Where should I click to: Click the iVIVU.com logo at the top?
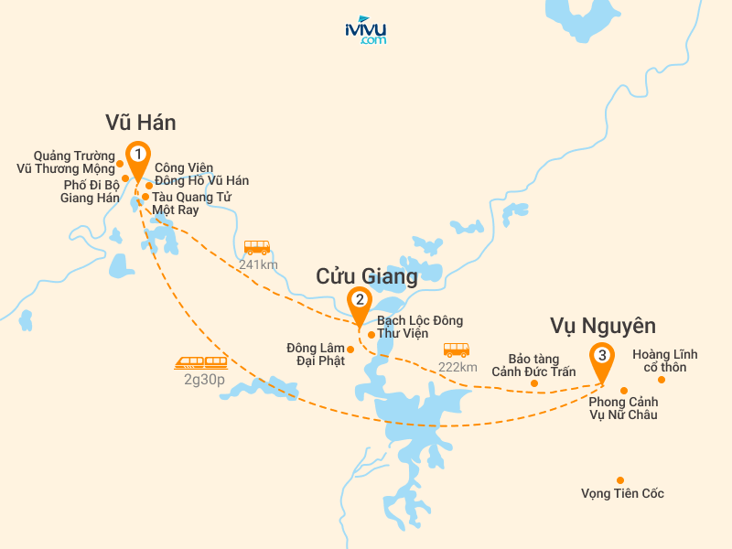[365, 30]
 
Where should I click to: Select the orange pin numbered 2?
[361, 300]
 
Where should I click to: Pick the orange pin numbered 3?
[601, 356]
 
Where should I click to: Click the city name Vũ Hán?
[141, 123]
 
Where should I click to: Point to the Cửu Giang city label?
[366, 275]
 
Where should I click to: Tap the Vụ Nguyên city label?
[603, 326]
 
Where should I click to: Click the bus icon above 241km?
[257, 248]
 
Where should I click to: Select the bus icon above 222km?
[457, 350]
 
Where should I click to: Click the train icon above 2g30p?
[201, 362]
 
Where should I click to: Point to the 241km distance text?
[257, 264]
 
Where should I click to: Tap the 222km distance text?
[457, 367]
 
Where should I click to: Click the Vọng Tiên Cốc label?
[622, 494]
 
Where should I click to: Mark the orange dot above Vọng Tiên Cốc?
[620, 479]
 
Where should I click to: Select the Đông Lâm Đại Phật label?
[315, 354]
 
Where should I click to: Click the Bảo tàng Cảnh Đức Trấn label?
[533, 365]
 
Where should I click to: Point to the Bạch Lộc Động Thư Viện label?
[419, 327]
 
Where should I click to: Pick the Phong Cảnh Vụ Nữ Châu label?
[623, 408]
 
